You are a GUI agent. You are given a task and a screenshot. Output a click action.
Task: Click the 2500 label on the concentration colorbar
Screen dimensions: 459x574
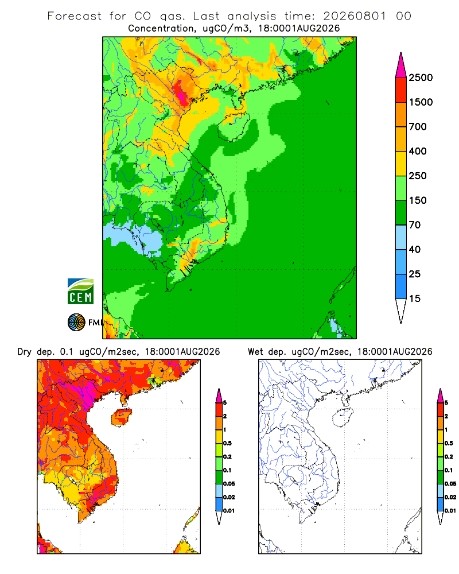[421, 77]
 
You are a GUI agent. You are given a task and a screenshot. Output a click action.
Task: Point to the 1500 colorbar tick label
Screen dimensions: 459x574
[421, 102]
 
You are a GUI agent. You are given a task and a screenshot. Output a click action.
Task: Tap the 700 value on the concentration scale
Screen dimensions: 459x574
[418, 127]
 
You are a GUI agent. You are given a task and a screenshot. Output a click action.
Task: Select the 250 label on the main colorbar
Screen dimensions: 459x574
[418, 176]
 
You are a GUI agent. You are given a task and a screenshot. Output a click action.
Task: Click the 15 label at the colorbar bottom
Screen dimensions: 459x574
[415, 298]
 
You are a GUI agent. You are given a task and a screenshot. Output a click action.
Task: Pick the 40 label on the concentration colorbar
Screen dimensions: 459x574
[415, 249]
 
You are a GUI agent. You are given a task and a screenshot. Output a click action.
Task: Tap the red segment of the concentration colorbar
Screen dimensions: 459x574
[401, 90]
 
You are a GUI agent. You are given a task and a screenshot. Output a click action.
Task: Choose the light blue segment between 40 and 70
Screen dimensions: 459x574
[401, 237]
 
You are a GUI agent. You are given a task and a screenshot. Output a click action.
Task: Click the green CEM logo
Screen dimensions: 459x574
[80, 292]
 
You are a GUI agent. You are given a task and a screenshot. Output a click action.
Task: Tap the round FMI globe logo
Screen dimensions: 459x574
[76, 323]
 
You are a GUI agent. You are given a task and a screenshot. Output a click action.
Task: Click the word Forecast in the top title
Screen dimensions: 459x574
[75, 16]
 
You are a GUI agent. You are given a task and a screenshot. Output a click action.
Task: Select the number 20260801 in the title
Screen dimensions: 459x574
[355, 16]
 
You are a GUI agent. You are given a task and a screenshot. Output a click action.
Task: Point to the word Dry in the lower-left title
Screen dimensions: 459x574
[25, 352]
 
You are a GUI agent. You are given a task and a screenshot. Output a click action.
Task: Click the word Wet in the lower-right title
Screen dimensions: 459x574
[255, 352]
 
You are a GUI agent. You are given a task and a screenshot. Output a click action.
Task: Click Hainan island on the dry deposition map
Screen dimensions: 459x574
[122, 417]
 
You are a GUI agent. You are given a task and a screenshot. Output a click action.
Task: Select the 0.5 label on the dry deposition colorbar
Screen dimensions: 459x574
[227, 443]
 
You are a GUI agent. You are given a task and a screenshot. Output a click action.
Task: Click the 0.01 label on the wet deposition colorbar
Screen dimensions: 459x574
[450, 511]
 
